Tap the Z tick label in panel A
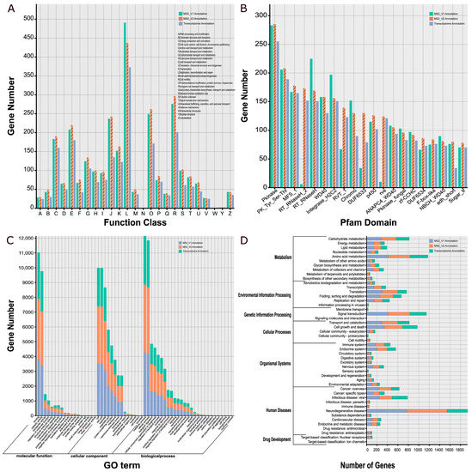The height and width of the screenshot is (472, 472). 230,213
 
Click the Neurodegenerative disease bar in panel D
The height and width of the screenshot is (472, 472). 417,411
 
